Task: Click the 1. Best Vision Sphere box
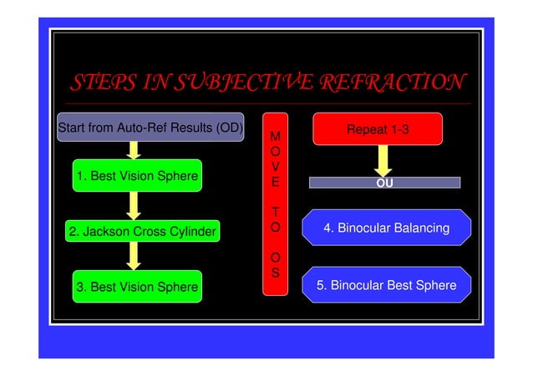(137, 176)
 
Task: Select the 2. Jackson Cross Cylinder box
(142, 231)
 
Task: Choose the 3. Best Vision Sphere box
(137, 287)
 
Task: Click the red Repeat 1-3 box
(377, 130)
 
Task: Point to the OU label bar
(384, 183)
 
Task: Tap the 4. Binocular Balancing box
(386, 228)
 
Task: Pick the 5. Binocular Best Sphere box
(386, 285)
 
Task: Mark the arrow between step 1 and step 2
(132, 205)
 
